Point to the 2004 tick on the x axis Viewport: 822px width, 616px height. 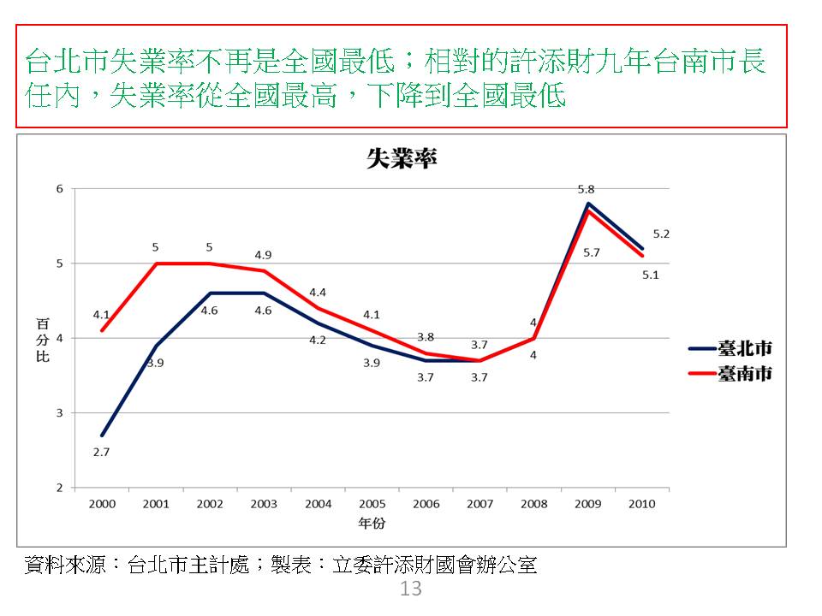pos(318,504)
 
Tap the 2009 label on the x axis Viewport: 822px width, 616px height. pos(587,504)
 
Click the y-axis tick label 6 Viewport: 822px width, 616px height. pos(60,189)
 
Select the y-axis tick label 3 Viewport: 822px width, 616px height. pos(60,413)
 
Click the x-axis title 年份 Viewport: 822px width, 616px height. pos(372,522)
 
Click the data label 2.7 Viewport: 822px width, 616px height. pos(101,452)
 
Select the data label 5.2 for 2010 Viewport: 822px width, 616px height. pos(660,234)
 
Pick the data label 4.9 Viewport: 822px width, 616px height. pos(263,254)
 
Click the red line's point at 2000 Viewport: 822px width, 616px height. pos(102,330)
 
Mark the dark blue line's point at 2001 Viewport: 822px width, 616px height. pos(156,346)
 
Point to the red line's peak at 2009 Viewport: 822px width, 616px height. pos(588,210)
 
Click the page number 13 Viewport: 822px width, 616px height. pos(411,589)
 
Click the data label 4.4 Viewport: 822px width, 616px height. pos(318,293)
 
